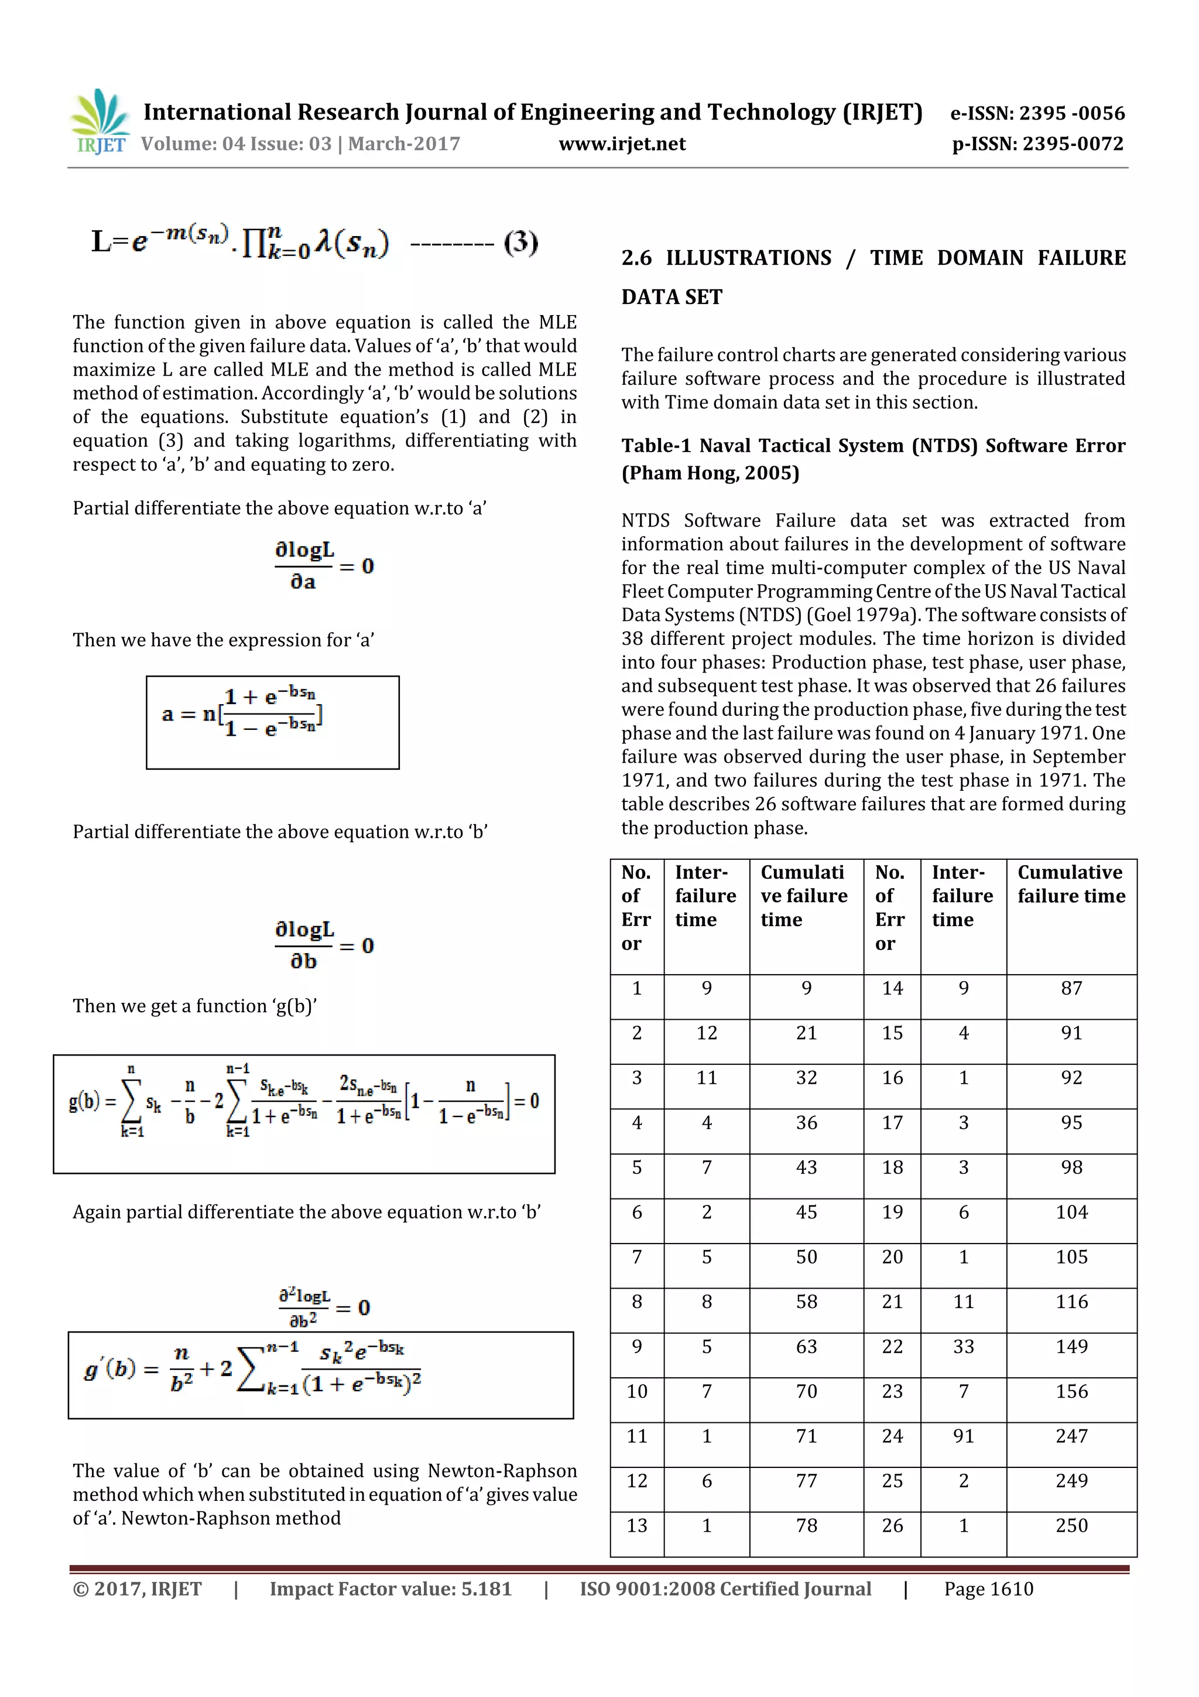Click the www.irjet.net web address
pos(622,144)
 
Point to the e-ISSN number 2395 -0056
pos(1071,113)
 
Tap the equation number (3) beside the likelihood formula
pos(521,242)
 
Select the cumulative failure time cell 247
pos(1071,1436)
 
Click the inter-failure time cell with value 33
pos(963,1347)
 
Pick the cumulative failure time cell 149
pos(1071,1347)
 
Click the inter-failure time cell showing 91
pos(963,1436)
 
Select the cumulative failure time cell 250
pos(1071,1525)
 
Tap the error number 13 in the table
pos(637,1525)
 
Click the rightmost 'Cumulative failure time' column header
pos(1071,884)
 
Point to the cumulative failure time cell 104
pos(1071,1212)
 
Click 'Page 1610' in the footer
pos(988,1589)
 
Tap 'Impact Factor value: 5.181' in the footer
pos(390,1589)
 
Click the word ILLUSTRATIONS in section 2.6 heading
pos(748,258)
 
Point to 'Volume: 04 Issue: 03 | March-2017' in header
pos(300,144)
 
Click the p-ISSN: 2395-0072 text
pos(1037,144)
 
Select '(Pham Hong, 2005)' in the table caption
pos(710,473)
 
